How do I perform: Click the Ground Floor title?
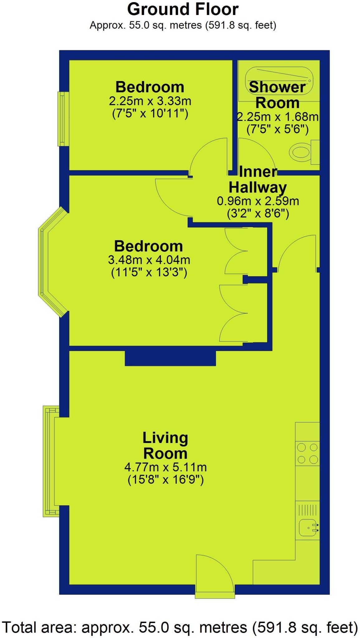point(183,10)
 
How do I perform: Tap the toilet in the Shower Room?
point(302,152)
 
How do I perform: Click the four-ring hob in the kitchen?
point(307,453)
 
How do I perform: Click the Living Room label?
point(165,445)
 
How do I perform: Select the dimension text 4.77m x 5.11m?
point(165,467)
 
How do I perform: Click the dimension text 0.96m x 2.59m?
point(258,201)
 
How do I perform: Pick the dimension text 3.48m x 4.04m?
point(149,259)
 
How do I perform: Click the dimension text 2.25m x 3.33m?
point(150,101)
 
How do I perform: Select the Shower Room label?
point(277,95)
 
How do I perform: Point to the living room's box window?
point(50,461)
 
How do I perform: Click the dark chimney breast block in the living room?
point(170,358)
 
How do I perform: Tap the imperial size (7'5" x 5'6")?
point(277,129)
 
